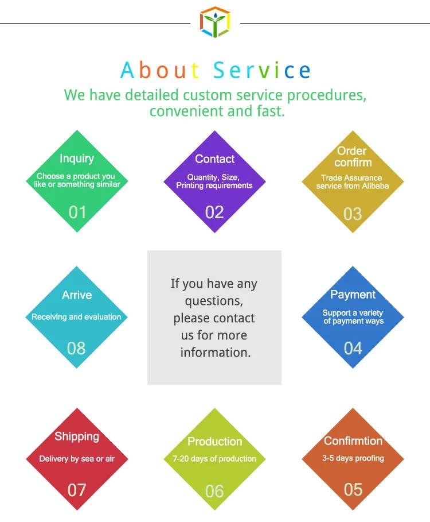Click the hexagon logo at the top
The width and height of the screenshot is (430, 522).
[214, 22]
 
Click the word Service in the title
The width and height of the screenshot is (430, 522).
[262, 71]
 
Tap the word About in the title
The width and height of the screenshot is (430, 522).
[160, 71]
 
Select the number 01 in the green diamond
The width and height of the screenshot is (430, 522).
[77, 212]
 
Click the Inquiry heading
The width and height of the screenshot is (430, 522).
[77, 158]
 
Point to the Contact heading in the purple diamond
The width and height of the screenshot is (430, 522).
[215, 159]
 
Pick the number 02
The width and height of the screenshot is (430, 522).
[214, 212]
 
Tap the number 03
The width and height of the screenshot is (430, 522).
[353, 214]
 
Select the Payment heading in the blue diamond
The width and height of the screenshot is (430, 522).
[353, 295]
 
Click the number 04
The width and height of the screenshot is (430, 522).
[353, 348]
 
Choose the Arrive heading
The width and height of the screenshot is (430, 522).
[77, 295]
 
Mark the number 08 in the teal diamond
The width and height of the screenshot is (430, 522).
[76, 348]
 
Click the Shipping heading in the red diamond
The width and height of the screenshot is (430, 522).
[77, 436]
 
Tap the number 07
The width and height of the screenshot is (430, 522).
[77, 490]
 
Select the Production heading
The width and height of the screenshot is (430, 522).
[215, 442]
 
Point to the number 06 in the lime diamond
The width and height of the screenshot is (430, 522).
[214, 491]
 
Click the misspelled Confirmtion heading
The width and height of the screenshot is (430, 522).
[353, 441]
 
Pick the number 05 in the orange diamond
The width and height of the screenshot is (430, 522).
[353, 489]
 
